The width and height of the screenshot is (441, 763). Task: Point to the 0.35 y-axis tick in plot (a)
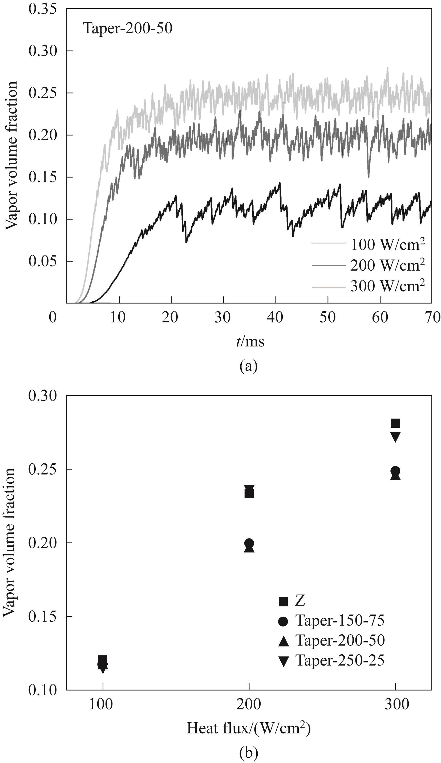tap(42, 9)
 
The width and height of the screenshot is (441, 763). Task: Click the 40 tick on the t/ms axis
tap(276, 317)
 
